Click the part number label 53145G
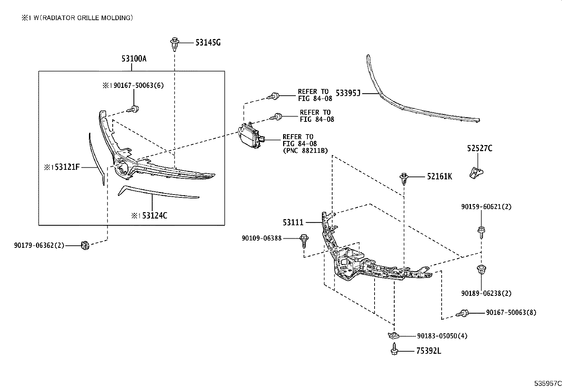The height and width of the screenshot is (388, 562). point(208,43)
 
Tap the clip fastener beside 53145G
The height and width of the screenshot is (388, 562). point(174,43)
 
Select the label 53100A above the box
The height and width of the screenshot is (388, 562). point(134,59)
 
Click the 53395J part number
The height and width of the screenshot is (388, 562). point(348,93)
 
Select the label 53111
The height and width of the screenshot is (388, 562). point(293,222)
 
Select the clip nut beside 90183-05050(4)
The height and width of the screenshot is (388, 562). point(393,335)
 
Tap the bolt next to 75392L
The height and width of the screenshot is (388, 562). point(394,351)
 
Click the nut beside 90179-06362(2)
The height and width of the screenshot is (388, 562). point(85,245)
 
